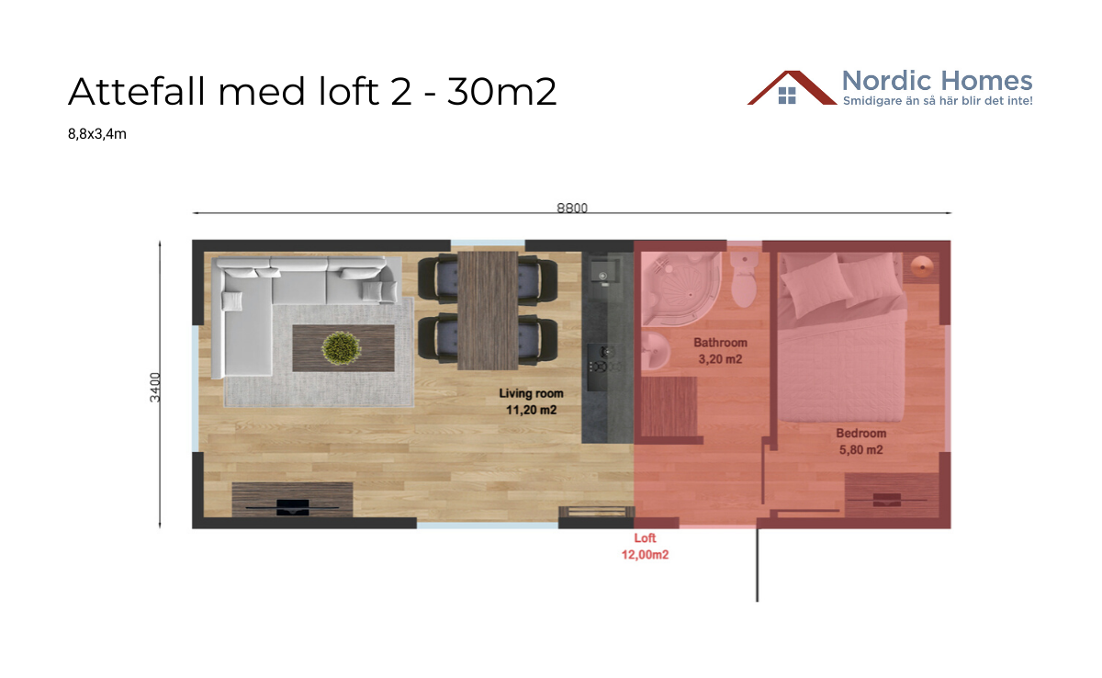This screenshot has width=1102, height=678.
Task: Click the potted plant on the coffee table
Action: click(343, 347)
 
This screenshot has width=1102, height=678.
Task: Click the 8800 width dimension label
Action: click(571, 208)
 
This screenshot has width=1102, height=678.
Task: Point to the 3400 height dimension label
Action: click(155, 386)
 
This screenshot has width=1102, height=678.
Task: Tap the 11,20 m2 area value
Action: click(531, 411)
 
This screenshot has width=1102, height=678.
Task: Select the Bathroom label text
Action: click(720, 344)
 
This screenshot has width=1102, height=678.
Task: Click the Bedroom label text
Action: click(860, 434)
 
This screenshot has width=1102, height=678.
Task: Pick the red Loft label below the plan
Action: click(645, 538)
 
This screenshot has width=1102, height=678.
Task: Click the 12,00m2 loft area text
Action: click(645, 555)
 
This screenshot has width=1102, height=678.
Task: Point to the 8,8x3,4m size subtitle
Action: click(96, 134)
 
